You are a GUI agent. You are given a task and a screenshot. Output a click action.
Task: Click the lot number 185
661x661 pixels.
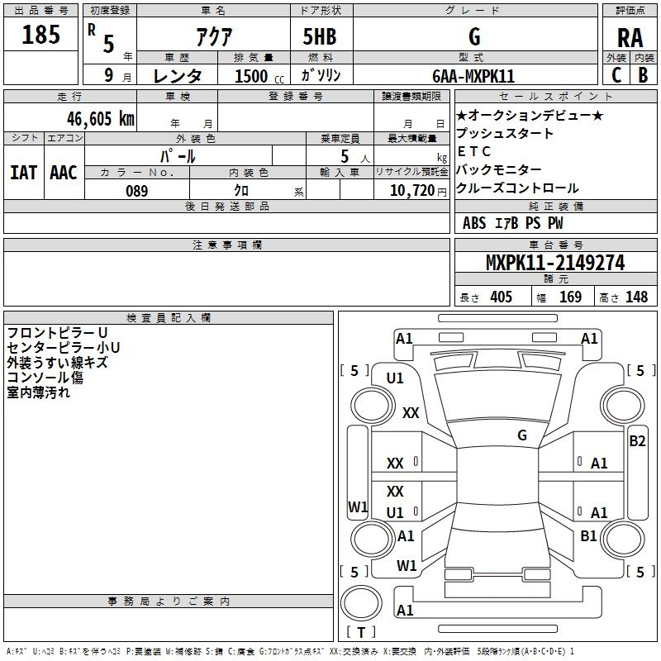(41, 36)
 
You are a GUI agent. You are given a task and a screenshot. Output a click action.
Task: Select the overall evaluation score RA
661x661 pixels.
(630, 38)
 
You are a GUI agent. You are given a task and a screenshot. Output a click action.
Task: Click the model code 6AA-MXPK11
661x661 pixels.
(474, 76)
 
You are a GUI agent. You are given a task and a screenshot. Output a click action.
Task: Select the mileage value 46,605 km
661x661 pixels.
(90, 119)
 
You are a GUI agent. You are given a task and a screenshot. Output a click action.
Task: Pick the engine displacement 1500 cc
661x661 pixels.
(251, 76)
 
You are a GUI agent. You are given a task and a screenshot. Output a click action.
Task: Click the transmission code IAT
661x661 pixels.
(23, 173)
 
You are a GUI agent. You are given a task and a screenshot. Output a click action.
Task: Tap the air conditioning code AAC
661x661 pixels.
(64, 173)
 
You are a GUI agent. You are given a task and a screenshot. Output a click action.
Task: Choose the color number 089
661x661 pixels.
(137, 191)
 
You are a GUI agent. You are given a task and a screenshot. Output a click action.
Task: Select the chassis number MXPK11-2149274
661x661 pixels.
(554, 264)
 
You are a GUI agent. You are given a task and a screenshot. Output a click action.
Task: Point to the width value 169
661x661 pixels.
(570, 297)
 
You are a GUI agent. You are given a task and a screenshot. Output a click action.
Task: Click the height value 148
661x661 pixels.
(636, 297)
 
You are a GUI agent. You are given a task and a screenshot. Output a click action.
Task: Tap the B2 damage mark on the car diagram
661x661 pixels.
(637, 440)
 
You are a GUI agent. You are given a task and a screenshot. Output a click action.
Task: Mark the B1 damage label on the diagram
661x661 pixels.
(588, 536)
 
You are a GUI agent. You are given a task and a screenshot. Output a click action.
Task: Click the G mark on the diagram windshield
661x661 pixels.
(521, 435)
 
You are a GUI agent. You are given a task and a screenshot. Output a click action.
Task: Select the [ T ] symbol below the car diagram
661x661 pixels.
(361, 633)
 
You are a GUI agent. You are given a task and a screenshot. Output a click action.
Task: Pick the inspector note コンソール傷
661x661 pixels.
(45, 378)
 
